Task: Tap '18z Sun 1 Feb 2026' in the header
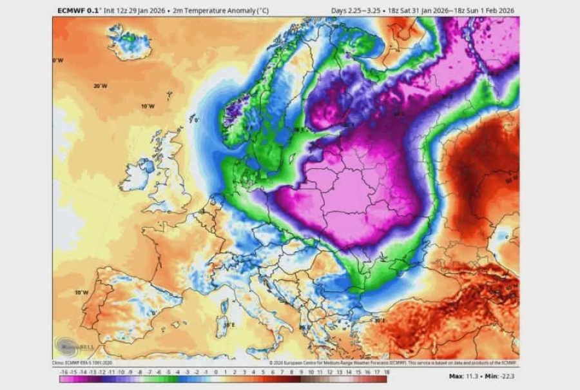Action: click(x=483, y=11)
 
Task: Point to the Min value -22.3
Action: click(x=505, y=376)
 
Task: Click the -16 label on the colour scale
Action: click(x=62, y=373)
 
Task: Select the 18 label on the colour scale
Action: click(x=385, y=373)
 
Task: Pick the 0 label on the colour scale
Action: click(x=216, y=373)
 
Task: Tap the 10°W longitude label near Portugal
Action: click(x=82, y=292)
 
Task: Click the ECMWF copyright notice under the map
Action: click(x=393, y=363)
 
